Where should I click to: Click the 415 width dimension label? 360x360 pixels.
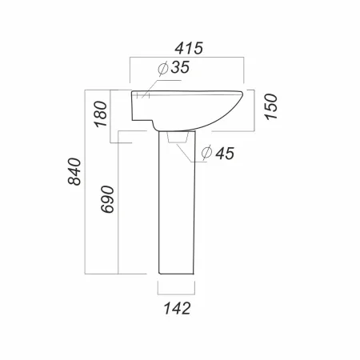[x=189, y=48]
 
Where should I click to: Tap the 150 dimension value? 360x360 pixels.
[x=270, y=106]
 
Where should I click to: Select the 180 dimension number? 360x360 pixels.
[x=101, y=114]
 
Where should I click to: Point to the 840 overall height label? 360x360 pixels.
[x=74, y=171]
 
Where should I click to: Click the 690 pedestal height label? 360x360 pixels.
[x=107, y=199]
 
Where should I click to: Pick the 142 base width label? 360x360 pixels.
[x=177, y=309]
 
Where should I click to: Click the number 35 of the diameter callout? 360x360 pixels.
[x=180, y=67]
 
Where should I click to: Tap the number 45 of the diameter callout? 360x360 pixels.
[x=225, y=154]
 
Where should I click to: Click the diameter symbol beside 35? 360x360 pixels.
[x=162, y=69]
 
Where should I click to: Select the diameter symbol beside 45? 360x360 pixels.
[x=207, y=153]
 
